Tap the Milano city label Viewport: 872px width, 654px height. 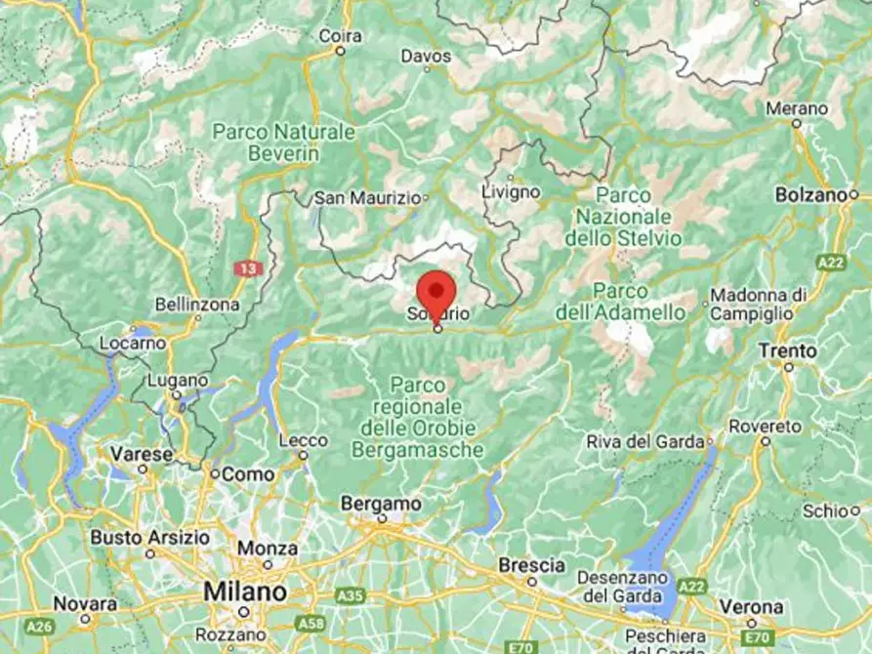pos(244,593)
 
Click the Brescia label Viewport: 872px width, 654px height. pos(531,565)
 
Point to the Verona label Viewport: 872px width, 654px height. pos(749,605)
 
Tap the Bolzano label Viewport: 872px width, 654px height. pos(809,195)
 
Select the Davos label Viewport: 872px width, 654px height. pos(426,57)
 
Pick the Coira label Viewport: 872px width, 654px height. pos(341,36)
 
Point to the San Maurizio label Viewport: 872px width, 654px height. pos(365,198)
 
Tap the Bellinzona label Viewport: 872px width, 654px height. pos(197,305)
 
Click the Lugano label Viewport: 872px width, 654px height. pos(177,380)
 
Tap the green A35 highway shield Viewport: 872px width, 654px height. pos(348,593)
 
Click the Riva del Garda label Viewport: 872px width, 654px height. pos(644,442)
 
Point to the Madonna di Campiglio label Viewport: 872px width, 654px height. pos(759,305)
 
